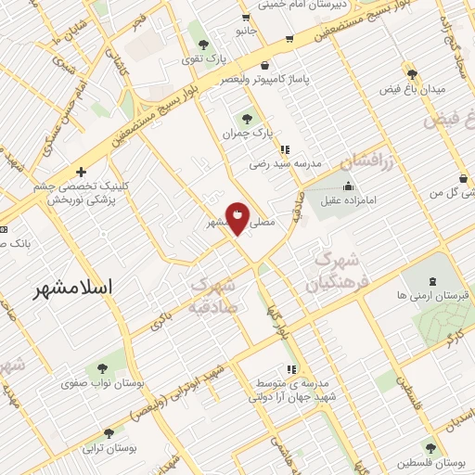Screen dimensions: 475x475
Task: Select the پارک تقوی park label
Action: [204, 59]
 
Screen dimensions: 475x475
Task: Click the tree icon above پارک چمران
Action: [246, 118]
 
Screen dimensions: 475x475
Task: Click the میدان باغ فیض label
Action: [413, 90]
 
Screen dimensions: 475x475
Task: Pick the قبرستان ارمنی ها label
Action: [432, 295]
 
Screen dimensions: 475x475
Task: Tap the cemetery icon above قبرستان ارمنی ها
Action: [432, 279]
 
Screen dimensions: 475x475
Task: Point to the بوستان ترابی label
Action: [109, 448]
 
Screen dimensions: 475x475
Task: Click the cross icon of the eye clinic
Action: [82, 172]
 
